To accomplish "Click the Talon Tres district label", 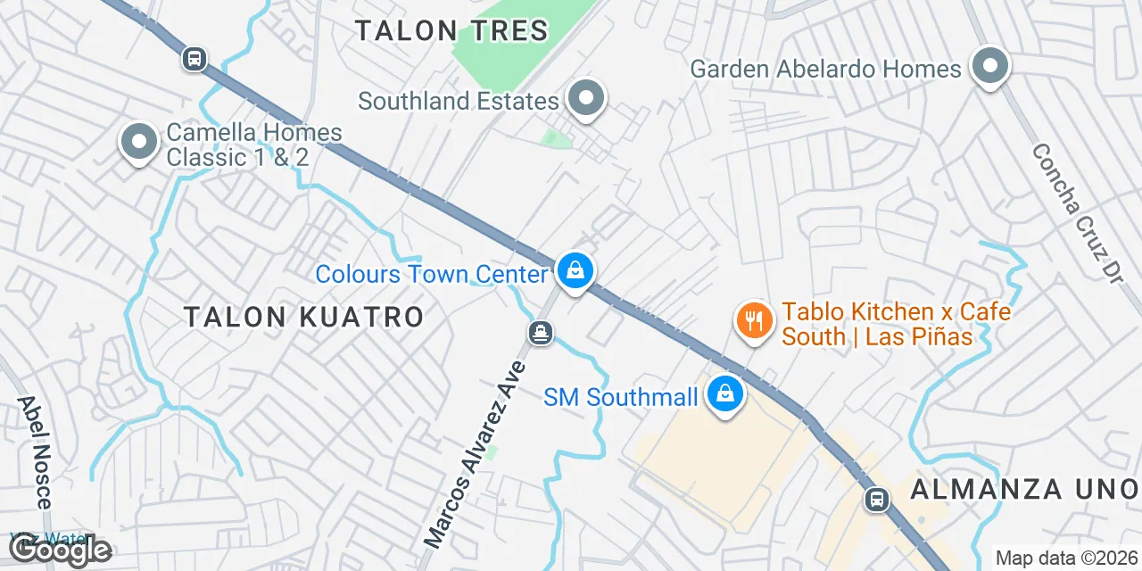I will tap(451, 30).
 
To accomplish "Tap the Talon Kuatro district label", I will tap(303, 317).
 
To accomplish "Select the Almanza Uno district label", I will tap(1024, 489).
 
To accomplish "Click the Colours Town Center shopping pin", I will tap(575, 270).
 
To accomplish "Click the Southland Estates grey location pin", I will tap(586, 99).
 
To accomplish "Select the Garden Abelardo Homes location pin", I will tap(989, 67).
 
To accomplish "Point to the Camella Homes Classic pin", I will tap(138, 143).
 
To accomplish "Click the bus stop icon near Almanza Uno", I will tap(877, 499).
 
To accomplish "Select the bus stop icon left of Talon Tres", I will tap(194, 60).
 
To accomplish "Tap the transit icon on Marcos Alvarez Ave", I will tap(541, 334).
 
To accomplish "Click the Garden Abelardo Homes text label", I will tap(826, 69).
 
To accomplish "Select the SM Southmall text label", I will tap(621, 396).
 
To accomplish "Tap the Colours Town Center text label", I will tap(431, 274).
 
